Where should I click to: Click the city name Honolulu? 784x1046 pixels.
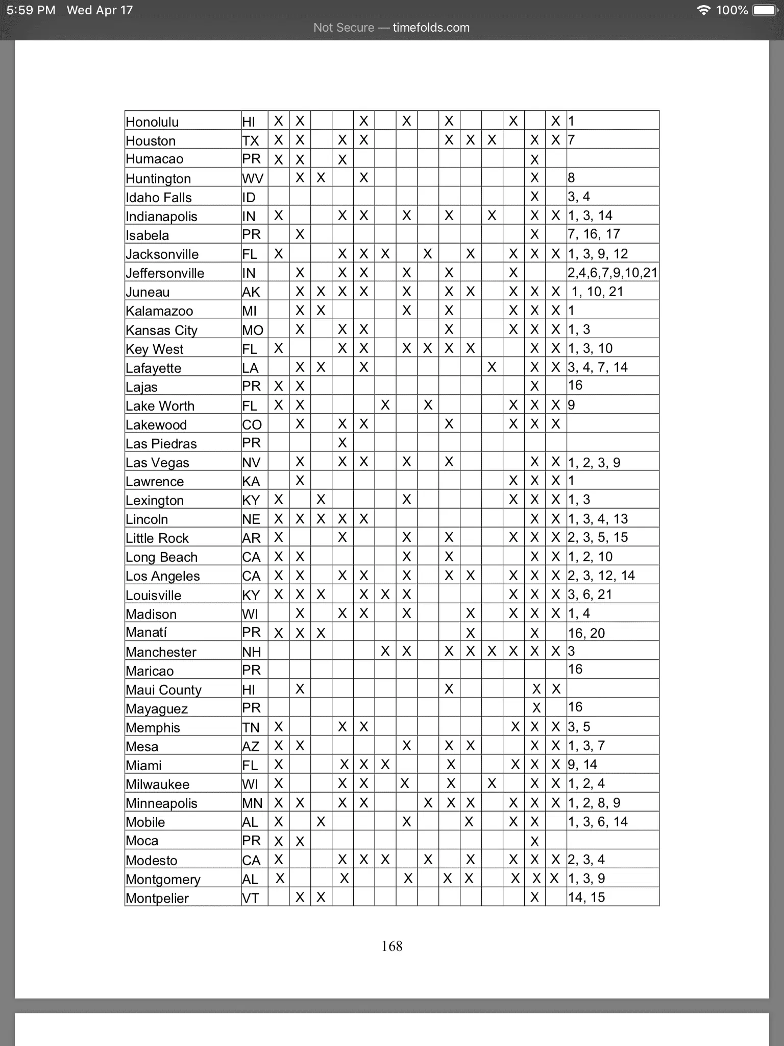point(152,122)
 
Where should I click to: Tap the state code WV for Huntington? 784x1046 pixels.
point(253,178)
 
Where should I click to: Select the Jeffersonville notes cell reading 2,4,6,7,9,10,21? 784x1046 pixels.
point(612,273)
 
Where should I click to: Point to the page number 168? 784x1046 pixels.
point(391,946)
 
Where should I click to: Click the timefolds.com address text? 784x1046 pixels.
point(431,28)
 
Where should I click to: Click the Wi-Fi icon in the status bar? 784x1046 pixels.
point(704,10)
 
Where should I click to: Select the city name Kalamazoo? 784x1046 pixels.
point(159,311)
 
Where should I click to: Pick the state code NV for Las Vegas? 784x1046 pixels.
point(251,463)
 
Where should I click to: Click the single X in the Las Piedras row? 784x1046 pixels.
point(342,443)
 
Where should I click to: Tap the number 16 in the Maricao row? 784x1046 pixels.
point(575,669)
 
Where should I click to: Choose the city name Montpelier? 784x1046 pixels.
point(157,898)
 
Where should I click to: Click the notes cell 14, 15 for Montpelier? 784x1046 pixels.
point(586,897)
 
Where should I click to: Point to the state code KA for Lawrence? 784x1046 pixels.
point(251,482)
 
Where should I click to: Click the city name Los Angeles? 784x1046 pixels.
point(163,576)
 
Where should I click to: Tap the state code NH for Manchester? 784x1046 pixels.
point(251,652)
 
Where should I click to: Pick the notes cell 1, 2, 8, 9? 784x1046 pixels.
point(595,803)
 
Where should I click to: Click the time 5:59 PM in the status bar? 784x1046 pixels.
point(31,10)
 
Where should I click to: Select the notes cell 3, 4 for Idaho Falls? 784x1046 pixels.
point(579,197)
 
